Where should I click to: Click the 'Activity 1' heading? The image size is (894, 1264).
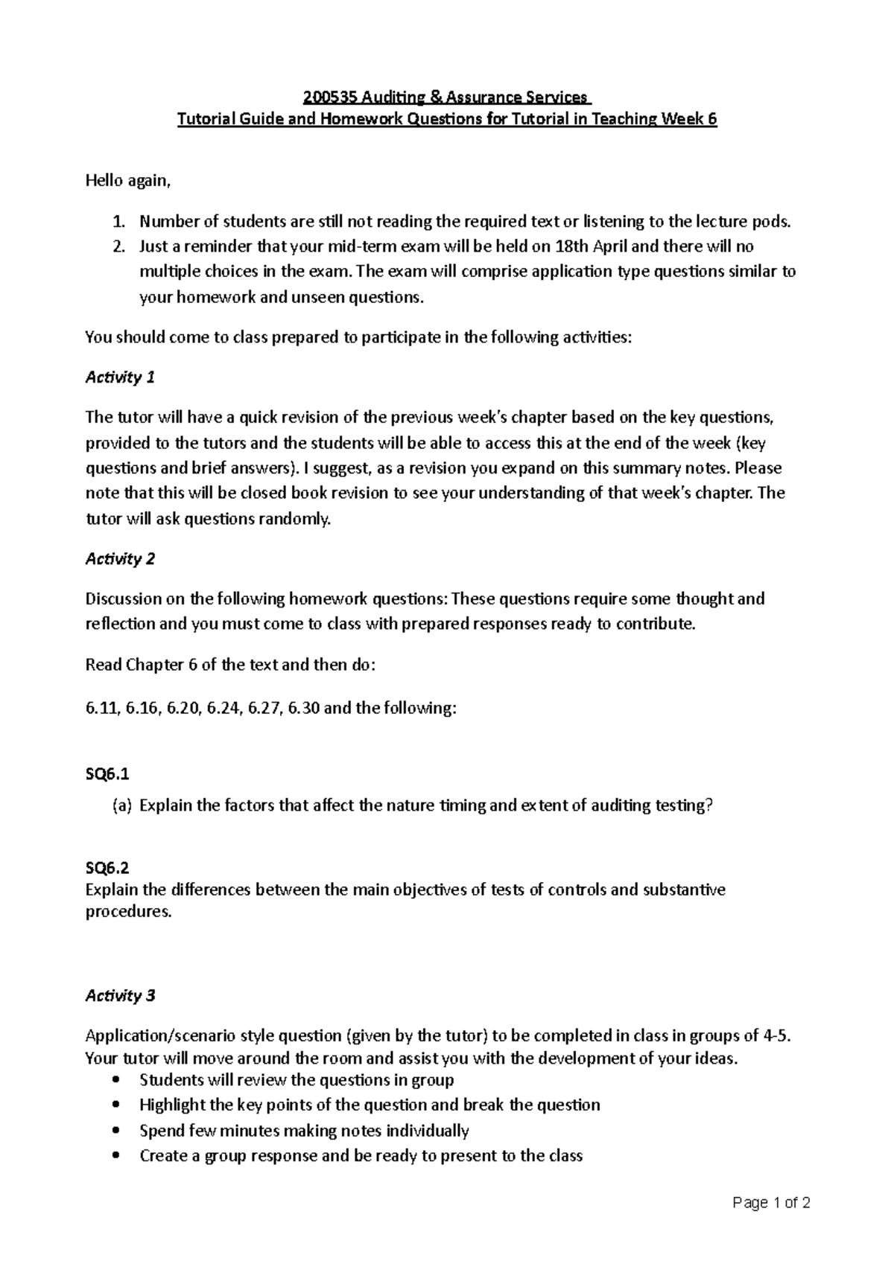coord(120,377)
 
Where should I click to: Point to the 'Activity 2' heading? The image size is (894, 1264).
coord(120,559)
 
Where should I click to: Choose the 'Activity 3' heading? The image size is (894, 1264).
coord(120,996)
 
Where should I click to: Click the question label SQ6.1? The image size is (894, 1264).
coord(107,775)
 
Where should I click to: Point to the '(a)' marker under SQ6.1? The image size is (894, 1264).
coord(121,805)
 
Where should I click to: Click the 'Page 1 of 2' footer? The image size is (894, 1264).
coord(771,1203)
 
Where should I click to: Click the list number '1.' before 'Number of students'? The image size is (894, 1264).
coord(118,222)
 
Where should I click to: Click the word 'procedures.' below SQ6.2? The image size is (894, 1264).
coord(128,912)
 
